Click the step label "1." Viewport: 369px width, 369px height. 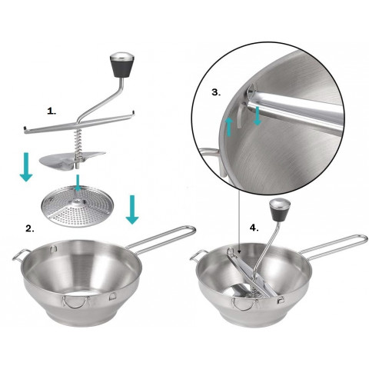[52, 111]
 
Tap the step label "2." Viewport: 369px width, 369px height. [30, 228]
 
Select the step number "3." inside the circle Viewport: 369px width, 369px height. [216, 92]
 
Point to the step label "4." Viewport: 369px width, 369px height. [254, 228]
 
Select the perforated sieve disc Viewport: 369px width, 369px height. [78, 208]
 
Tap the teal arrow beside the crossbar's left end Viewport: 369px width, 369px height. [26, 167]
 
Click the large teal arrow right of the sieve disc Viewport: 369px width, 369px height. [132, 210]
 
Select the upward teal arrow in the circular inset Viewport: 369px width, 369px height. [229, 127]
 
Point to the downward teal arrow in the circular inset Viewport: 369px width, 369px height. [258, 116]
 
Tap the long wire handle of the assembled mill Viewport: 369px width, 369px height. [333, 245]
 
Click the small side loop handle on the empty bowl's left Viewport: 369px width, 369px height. [20, 256]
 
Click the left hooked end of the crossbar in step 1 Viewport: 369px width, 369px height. [25, 128]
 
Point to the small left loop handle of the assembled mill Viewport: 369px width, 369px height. [197, 256]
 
